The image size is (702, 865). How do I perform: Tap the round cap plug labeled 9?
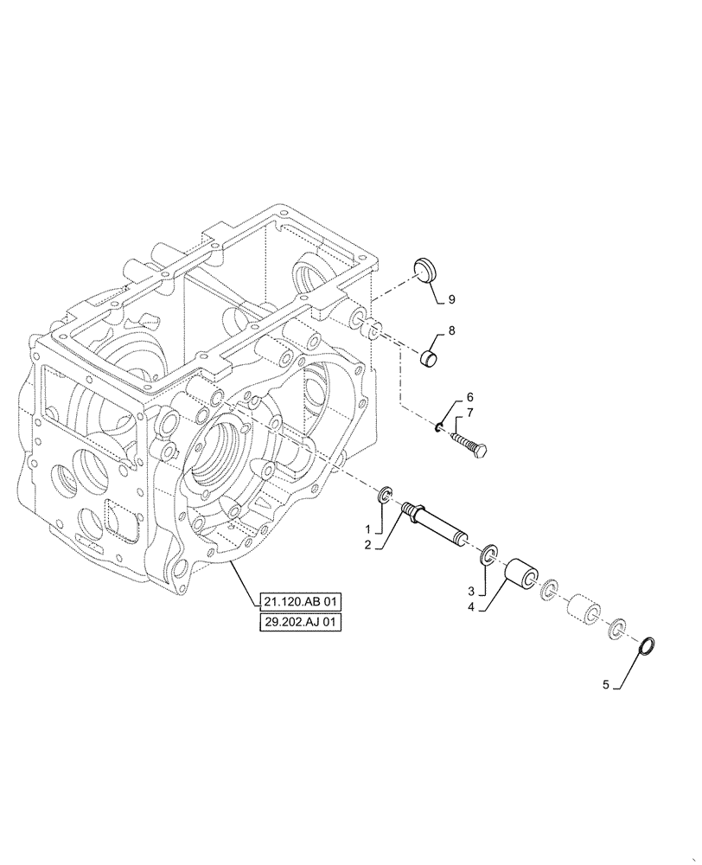pyautogui.click(x=424, y=268)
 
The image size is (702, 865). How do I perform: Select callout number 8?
pyautogui.click(x=450, y=331)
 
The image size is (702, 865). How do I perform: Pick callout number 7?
pyautogui.click(x=459, y=413)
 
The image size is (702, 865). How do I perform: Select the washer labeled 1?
pyautogui.click(x=386, y=495)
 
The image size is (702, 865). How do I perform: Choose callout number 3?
pyautogui.click(x=471, y=592)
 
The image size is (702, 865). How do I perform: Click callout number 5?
pyautogui.click(x=606, y=684)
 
